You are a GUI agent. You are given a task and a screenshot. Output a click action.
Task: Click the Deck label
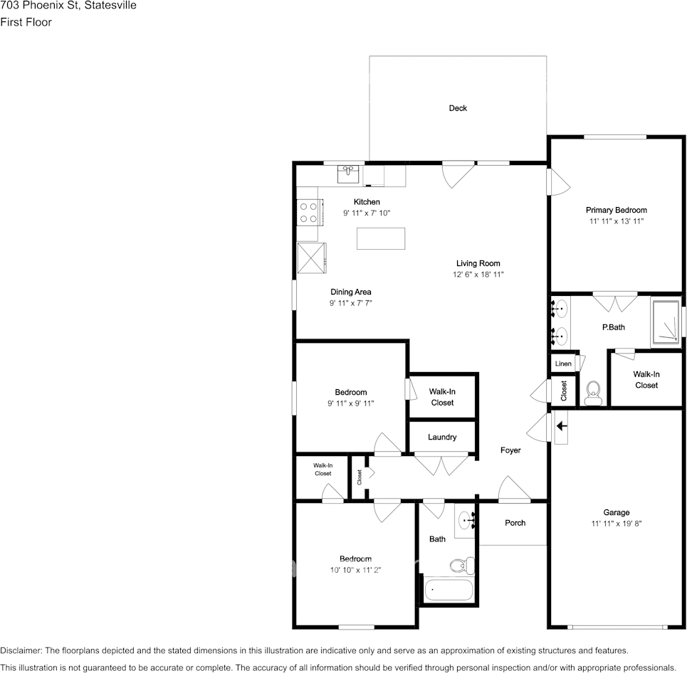[x=458, y=108]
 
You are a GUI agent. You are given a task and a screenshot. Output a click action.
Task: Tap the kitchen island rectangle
[x=381, y=238]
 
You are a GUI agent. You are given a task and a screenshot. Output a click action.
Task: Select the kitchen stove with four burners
[x=309, y=212]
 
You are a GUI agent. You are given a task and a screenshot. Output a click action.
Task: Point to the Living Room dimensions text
[x=478, y=275]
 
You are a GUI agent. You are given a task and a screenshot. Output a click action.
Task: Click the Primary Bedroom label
[x=616, y=210]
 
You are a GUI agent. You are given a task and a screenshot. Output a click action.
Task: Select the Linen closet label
[x=563, y=364]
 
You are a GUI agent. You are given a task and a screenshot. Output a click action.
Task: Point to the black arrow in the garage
[x=561, y=426]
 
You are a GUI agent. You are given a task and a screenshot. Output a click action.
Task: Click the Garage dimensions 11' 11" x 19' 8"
[x=616, y=524]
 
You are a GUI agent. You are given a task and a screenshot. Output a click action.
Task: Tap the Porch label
[x=515, y=523]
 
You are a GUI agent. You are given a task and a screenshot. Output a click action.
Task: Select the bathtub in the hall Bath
[x=448, y=590]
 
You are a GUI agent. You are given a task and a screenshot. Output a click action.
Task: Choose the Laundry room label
[x=442, y=437]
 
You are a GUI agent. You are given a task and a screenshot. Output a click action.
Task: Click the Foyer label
[x=510, y=450]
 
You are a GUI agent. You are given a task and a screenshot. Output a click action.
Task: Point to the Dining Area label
[x=350, y=292]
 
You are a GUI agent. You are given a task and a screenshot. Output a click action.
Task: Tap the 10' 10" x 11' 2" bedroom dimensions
[x=355, y=569]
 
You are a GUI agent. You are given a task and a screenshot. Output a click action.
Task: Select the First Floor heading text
[x=26, y=22]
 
